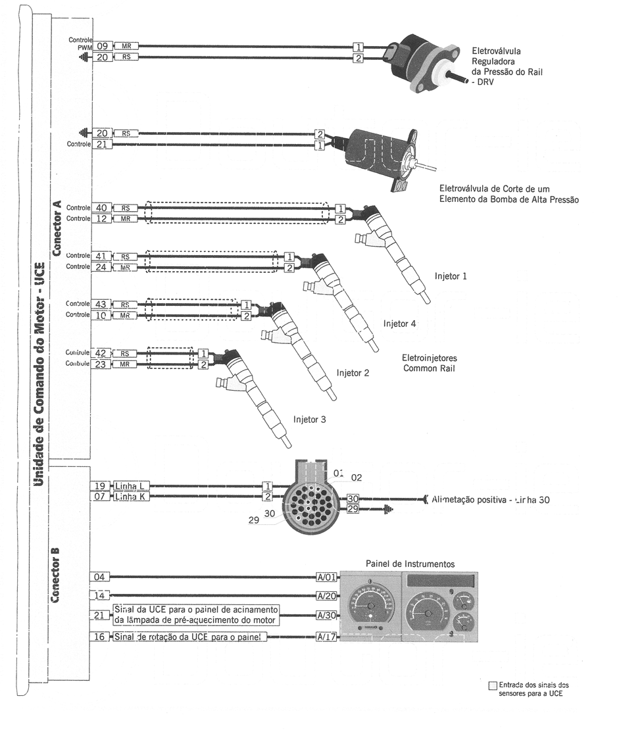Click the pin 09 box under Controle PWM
[102, 47]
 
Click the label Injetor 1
[451, 276]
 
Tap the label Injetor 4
[399, 324]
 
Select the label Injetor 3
[309, 419]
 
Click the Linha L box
[132, 486]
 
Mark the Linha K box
[132, 497]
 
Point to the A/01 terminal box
[327, 577]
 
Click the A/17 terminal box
[327, 637]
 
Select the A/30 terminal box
[327, 616]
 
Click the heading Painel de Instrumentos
[410, 564]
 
